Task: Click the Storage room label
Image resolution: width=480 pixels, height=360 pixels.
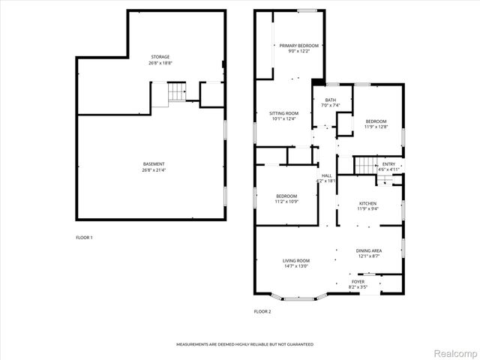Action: pyautogui.click(x=159, y=57)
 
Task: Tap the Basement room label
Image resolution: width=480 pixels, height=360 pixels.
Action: pyautogui.click(x=154, y=164)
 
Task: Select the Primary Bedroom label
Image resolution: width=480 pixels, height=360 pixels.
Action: pyautogui.click(x=295, y=46)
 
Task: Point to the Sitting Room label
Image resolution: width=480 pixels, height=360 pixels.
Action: pyautogui.click(x=283, y=112)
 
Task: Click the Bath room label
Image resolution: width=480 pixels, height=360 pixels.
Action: pyautogui.click(x=330, y=100)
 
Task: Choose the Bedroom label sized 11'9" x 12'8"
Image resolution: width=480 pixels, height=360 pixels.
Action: pyautogui.click(x=376, y=121)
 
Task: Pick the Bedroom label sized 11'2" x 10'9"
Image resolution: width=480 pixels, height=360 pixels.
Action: pyautogui.click(x=286, y=196)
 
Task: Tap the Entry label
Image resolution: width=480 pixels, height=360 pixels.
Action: pyautogui.click(x=388, y=164)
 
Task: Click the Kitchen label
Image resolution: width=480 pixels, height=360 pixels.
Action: pyautogui.click(x=367, y=203)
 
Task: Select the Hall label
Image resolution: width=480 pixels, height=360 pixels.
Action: pyautogui.click(x=327, y=175)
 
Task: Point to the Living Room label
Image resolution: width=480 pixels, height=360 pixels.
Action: pyautogui.click(x=296, y=260)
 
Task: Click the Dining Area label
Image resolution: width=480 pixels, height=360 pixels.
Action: pyautogui.click(x=368, y=251)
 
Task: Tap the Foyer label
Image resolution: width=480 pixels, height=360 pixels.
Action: pyautogui.click(x=358, y=282)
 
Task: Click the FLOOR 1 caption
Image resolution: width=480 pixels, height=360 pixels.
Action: pyautogui.click(x=84, y=237)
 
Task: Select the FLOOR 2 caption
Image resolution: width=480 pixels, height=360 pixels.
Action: pyautogui.click(x=262, y=310)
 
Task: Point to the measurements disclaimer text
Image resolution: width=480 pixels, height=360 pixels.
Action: pyautogui.click(x=244, y=344)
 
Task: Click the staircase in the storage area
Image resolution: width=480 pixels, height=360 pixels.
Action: pyautogui.click(x=175, y=92)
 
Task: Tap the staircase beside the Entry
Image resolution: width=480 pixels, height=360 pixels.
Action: pyautogui.click(x=364, y=166)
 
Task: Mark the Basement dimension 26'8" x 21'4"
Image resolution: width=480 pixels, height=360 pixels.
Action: pyautogui.click(x=154, y=170)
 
